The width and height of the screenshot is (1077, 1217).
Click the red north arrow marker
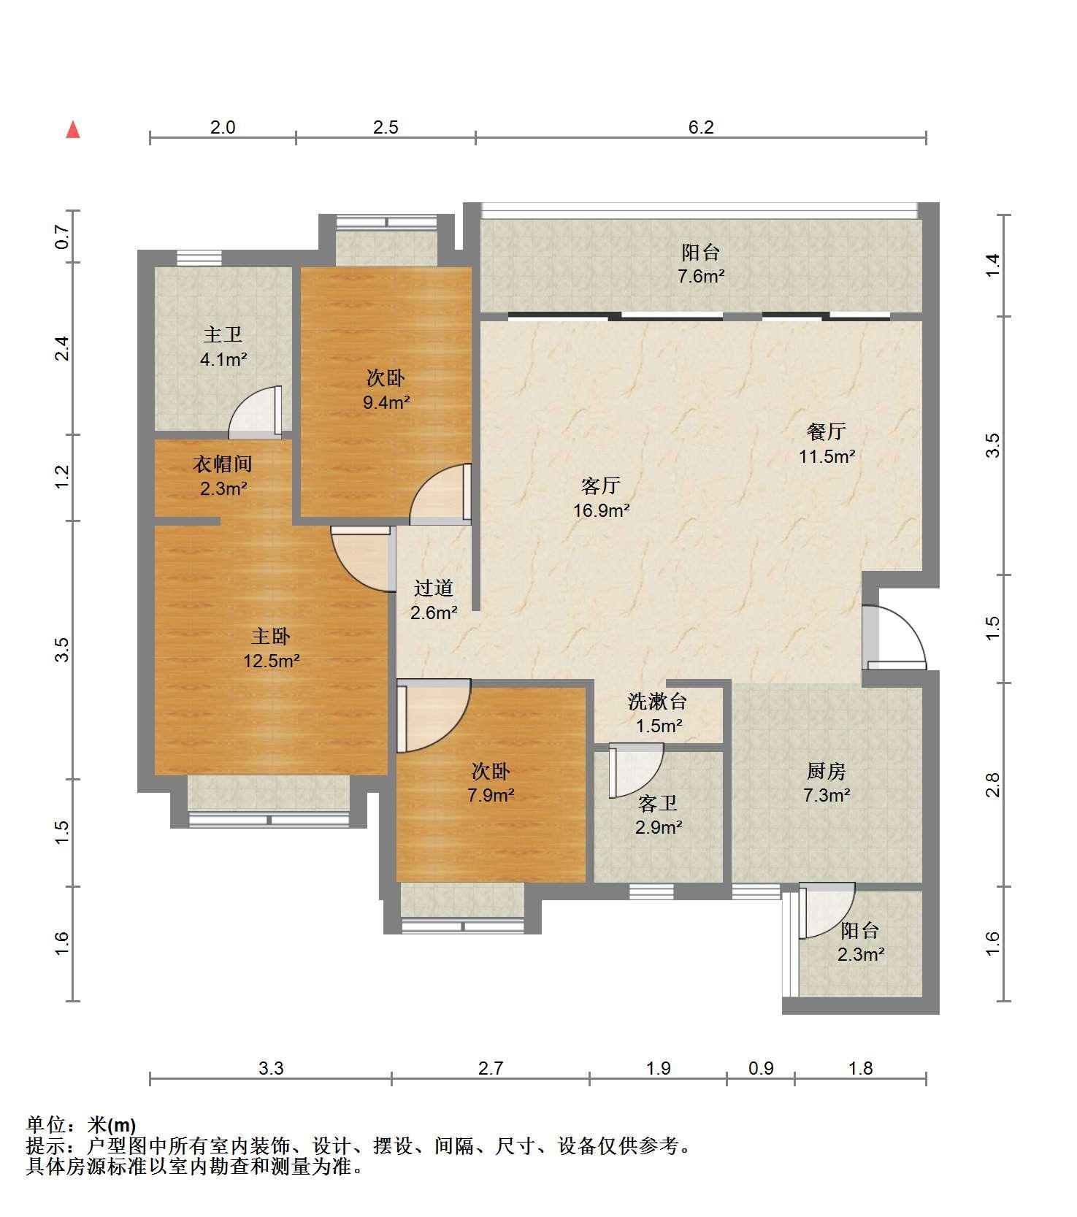click(73, 129)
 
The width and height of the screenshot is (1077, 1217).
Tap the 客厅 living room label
click(601, 485)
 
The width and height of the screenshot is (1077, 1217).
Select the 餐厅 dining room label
click(826, 431)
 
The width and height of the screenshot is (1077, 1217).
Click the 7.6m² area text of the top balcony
click(700, 277)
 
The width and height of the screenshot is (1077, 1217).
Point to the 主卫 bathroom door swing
click(255, 412)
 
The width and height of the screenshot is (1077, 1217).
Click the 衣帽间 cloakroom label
click(223, 464)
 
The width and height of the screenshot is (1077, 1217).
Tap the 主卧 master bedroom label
click(271, 637)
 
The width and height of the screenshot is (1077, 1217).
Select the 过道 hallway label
click(434, 588)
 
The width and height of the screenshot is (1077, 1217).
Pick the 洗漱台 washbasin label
click(658, 702)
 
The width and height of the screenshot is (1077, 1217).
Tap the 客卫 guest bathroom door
click(636, 771)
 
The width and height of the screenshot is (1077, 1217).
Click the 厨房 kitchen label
click(827, 771)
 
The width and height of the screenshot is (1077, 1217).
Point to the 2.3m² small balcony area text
click(862, 955)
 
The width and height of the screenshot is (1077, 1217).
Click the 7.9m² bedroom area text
click(491, 795)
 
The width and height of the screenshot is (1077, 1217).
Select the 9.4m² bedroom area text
click(386, 402)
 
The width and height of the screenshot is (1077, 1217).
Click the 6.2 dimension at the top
click(701, 128)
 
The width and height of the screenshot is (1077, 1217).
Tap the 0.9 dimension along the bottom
click(761, 1069)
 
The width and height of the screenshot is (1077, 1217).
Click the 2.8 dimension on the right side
click(992, 786)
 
